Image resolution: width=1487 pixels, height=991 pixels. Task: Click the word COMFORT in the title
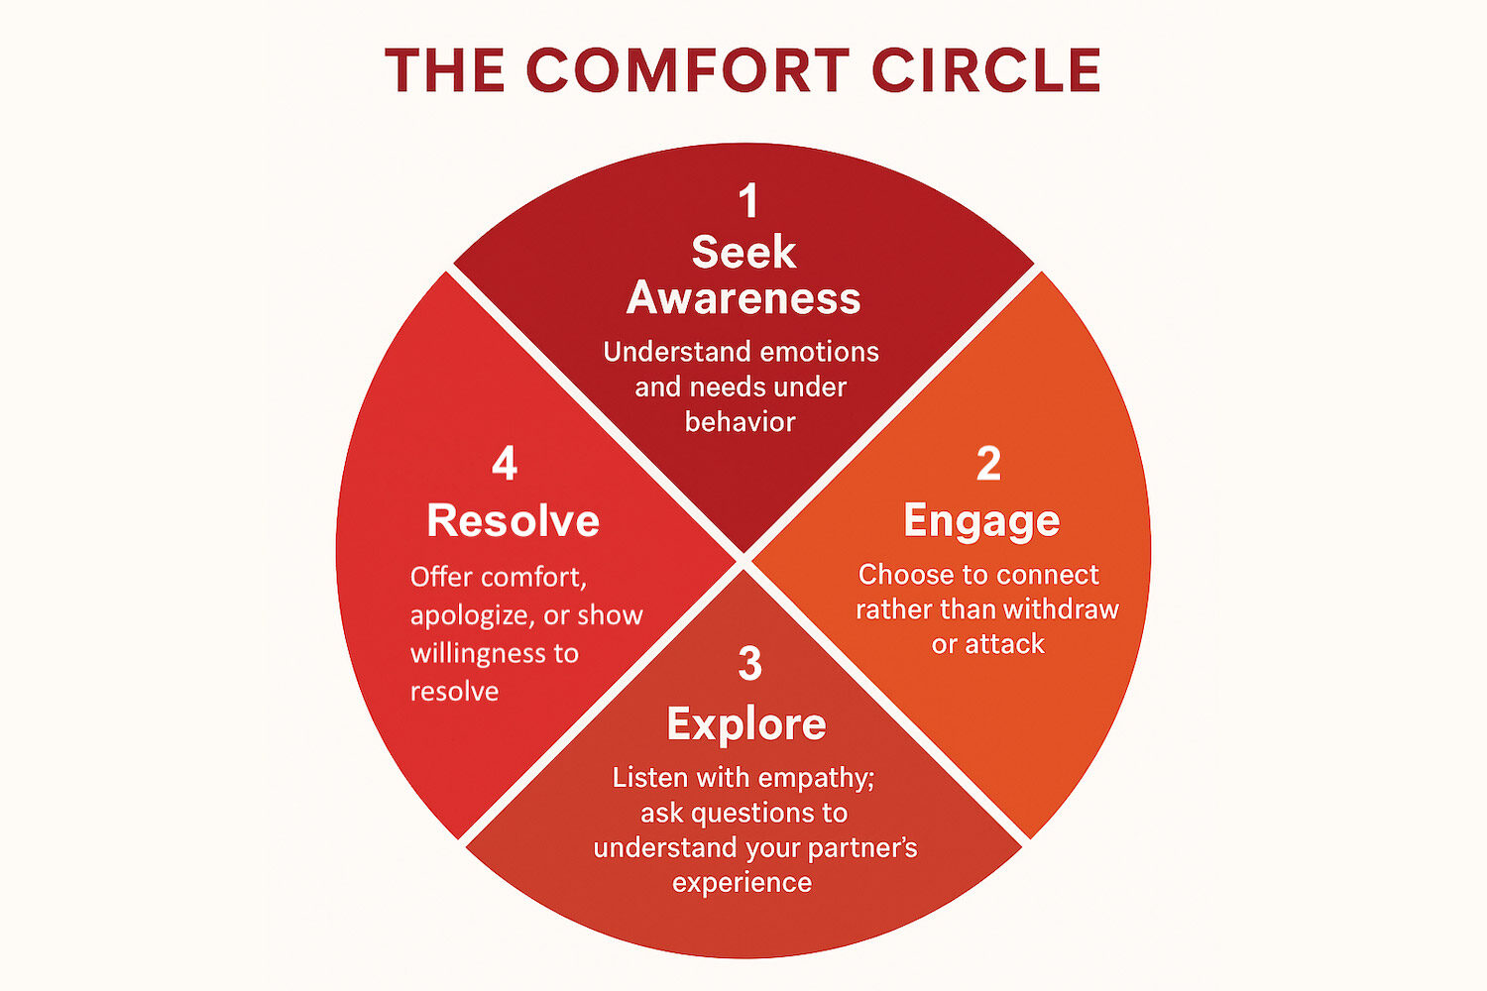point(687,71)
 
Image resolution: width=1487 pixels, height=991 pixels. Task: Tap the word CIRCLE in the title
point(986,71)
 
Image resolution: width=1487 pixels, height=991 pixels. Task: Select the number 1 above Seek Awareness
point(748,201)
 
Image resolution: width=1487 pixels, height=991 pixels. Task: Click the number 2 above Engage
point(988,464)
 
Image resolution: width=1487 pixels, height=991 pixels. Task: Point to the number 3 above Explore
point(750,664)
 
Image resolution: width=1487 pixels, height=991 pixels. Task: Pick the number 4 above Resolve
point(505,464)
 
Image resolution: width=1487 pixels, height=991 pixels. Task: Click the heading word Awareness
point(743,298)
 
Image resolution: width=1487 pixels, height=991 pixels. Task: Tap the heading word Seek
point(743,253)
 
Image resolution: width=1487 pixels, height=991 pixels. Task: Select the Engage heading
point(981,521)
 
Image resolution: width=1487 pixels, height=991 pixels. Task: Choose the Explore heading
point(746,724)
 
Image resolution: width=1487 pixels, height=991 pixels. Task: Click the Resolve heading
point(513,521)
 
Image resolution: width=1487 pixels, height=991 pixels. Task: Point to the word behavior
point(741,422)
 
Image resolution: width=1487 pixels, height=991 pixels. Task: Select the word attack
point(1004,644)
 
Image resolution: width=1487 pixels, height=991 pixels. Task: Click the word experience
point(742,883)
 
